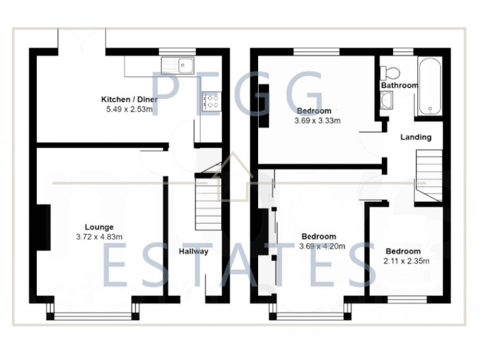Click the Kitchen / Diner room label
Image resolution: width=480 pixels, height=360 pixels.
(x=129, y=99)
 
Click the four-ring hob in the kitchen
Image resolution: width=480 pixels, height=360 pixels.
(x=211, y=101)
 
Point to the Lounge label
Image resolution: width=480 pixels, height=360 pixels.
(x=99, y=227)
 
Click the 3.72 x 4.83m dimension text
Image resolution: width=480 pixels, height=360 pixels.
(x=99, y=237)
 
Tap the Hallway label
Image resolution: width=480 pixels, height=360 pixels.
(x=194, y=252)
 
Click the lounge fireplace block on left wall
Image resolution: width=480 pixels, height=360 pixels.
(x=42, y=228)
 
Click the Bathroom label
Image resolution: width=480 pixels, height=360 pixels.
(x=399, y=85)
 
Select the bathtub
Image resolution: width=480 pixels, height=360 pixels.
(x=430, y=86)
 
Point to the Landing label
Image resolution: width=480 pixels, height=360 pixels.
(x=416, y=137)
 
